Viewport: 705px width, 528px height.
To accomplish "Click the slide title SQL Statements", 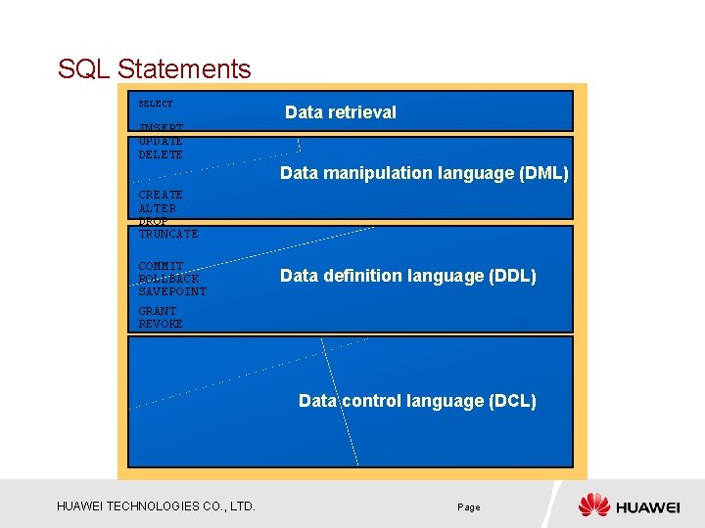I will [x=154, y=69].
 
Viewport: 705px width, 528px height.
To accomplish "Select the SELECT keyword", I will [x=155, y=104].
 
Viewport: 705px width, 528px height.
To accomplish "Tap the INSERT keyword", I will [x=161, y=128].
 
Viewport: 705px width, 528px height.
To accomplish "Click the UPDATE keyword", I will [x=161, y=142].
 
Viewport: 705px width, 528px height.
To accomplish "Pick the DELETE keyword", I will [x=161, y=154].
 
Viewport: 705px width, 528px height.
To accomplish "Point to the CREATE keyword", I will [x=161, y=196].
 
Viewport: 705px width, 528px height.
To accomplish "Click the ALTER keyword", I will [x=158, y=208].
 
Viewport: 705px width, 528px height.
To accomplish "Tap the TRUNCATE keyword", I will [x=168, y=234].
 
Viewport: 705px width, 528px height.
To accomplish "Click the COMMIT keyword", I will [x=161, y=266].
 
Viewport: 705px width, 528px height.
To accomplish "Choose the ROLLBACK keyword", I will [x=168, y=279].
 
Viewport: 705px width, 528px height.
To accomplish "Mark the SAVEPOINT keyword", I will [x=172, y=291].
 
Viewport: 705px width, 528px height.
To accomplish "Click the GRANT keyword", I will [x=158, y=311].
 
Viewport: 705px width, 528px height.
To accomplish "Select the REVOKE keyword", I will [x=161, y=324].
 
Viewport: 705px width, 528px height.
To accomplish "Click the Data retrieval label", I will [x=340, y=112].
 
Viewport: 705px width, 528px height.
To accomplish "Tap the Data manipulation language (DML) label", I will [x=423, y=173].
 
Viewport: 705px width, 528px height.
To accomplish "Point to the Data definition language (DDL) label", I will [x=407, y=276].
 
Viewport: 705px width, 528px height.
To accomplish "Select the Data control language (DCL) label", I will [x=417, y=401].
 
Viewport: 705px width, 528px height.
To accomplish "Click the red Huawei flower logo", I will [x=593, y=506].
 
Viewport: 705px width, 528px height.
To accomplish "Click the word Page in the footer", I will [x=468, y=507].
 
